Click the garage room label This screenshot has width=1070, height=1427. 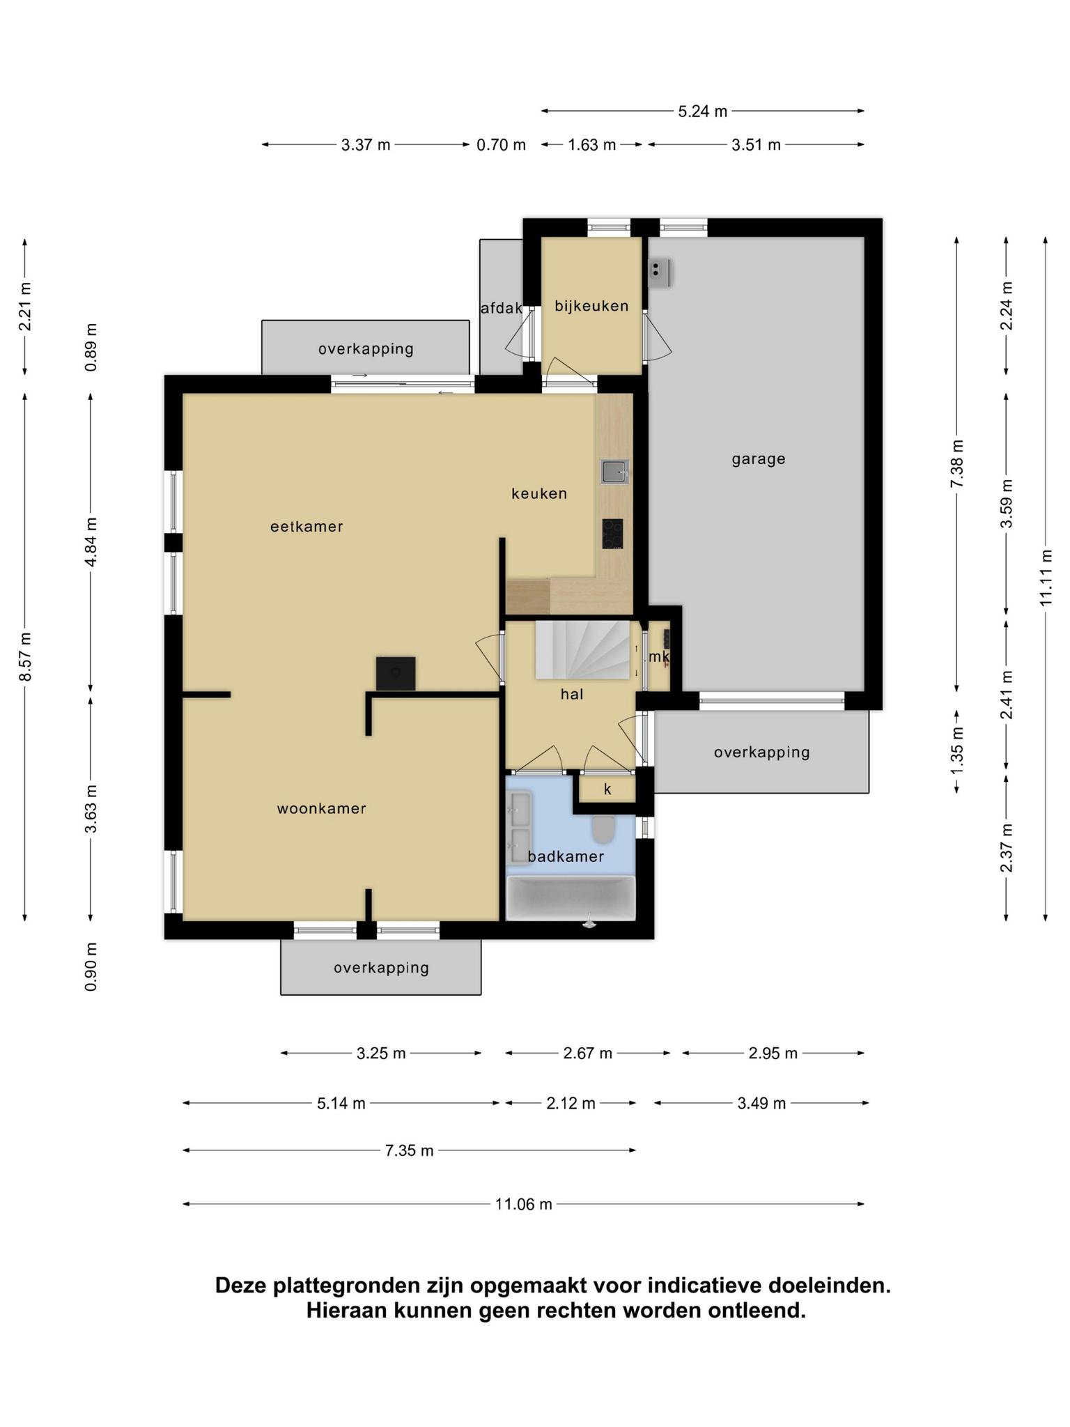758,459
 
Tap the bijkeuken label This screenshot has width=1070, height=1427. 591,306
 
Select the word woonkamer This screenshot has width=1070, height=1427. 321,808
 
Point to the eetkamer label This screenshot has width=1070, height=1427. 307,527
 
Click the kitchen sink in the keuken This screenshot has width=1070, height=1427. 615,472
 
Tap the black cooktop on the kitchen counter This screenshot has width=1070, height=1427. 613,534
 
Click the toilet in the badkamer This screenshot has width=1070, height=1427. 603,829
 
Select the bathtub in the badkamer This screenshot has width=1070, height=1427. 571,898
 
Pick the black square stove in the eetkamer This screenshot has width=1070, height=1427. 396,674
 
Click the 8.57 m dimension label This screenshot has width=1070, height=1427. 25,657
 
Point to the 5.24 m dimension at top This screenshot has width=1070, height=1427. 702,111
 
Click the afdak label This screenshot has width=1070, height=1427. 502,307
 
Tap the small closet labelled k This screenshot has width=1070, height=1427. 607,789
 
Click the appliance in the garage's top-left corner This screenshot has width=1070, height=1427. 659,272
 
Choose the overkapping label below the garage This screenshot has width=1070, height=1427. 761,753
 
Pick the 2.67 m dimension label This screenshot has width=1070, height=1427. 588,1053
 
